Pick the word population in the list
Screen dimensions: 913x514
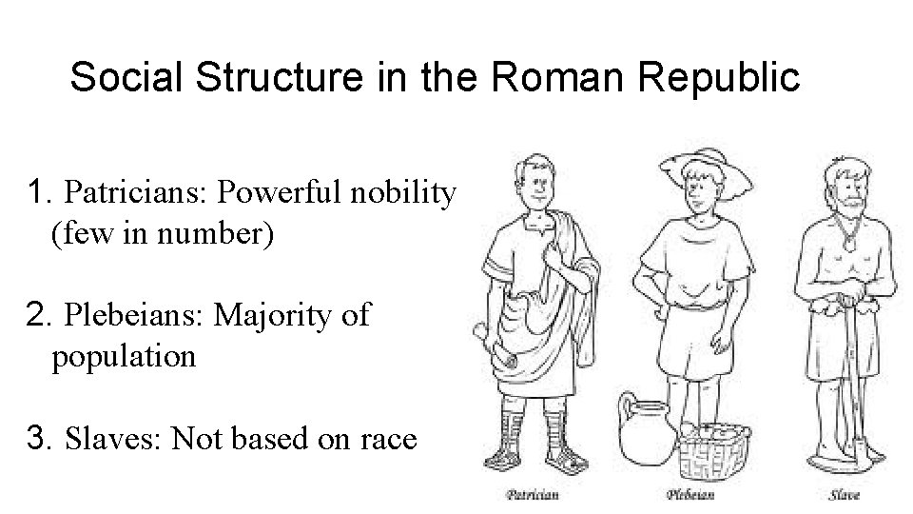pyautogui.click(x=124, y=356)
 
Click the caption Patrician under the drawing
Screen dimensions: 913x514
pyautogui.click(x=531, y=493)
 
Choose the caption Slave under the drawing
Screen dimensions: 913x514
pyautogui.click(x=845, y=493)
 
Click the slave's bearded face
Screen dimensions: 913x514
pyautogui.click(x=847, y=190)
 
